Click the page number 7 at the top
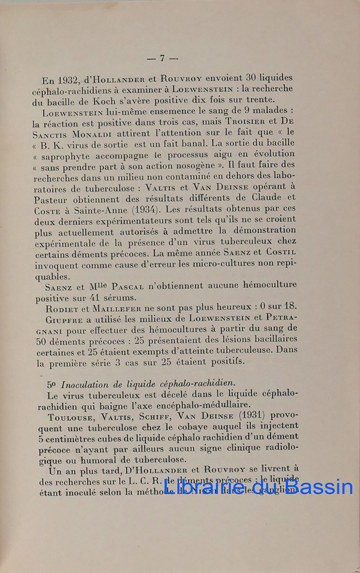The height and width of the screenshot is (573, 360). coord(163,57)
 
